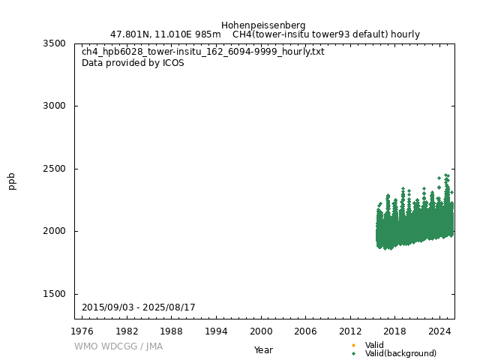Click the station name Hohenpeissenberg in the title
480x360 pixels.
pyautogui.click(x=263, y=25)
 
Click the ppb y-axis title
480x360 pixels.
pyautogui.click(x=12, y=181)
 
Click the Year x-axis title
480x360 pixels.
pyautogui.click(x=263, y=349)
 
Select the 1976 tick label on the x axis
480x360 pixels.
pyautogui.click(x=82, y=331)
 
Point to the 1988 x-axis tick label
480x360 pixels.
pyautogui.click(x=172, y=331)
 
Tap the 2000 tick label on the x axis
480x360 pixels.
pyautogui.click(x=261, y=331)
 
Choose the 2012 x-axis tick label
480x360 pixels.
pyautogui.click(x=350, y=331)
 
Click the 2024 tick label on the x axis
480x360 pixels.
pyautogui.click(x=439, y=331)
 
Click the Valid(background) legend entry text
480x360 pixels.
pyautogui.click(x=400, y=353)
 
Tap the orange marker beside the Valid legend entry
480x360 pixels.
pyautogui.click(x=353, y=345)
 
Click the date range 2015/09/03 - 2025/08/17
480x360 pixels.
pyautogui.click(x=139, y=308)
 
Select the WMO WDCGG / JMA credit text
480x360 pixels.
pyautogui.click(x=118, y=346)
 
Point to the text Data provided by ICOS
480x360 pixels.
pyautogui.click(x=133, y=63)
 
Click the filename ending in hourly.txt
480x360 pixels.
pyautogui.click(x=203, y=52)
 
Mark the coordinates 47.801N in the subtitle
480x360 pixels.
pyautogui.click(x=130, y=34)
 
